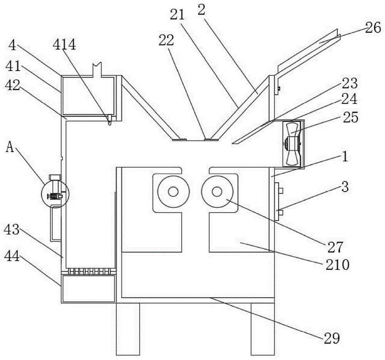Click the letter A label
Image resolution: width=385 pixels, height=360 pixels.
pyautogui.click(x=10, y=148)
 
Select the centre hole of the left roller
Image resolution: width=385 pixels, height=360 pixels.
pyautogui.click(x=173, y=192)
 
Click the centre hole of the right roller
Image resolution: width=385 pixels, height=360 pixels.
pyautogui.click(x=216, y=192)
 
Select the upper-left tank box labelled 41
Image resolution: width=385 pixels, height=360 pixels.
pyautogui.click(x=88, y=95)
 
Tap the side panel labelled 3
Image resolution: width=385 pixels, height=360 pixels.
pyautogui.click(x=278, y=201)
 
